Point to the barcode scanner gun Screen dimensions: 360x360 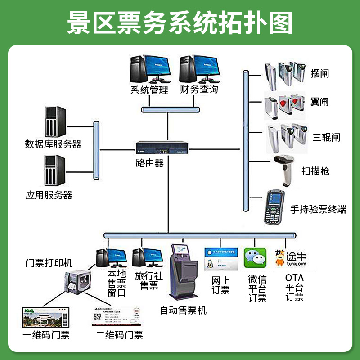coord(285,170)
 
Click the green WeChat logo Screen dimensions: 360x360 coord(255,258)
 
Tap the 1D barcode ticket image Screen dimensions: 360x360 coord(46,318)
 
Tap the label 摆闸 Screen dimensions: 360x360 coord(319,73)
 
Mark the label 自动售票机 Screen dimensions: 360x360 coord(183,310)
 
